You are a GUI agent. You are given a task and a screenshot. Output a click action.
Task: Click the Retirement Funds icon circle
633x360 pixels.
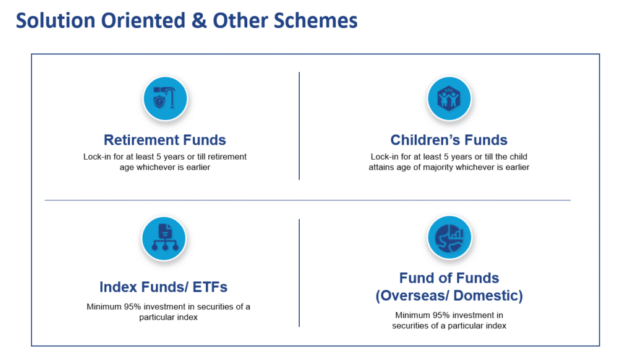165,98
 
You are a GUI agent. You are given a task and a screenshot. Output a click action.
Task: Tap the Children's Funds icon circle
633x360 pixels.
449,98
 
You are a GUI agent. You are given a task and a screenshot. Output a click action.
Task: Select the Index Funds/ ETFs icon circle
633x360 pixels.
164,238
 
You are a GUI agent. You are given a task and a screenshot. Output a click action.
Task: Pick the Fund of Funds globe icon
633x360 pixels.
449,238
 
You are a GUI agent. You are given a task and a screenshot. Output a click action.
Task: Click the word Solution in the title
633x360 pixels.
55,20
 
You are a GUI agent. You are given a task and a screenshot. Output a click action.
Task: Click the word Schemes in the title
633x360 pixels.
316,20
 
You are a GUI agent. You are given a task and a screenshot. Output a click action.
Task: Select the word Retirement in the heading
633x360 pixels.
142,140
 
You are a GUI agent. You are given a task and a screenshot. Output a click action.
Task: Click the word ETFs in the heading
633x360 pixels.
210,287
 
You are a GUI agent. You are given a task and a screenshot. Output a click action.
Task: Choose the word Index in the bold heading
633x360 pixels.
117,287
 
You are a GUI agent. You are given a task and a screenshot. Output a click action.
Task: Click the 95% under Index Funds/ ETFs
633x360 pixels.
132,307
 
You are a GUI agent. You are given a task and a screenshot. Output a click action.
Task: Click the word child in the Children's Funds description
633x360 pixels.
519,156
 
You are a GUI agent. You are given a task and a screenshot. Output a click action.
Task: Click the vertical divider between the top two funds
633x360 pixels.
299,126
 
